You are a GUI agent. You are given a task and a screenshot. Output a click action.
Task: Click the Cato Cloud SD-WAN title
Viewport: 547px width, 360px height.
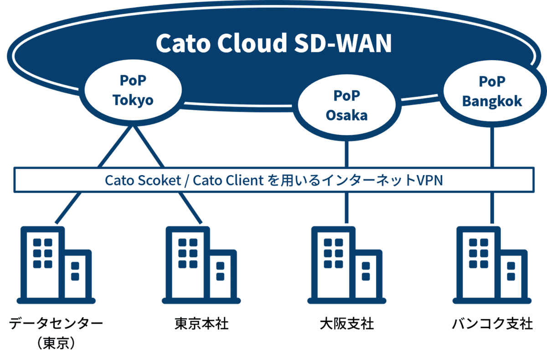(x=273, y=43)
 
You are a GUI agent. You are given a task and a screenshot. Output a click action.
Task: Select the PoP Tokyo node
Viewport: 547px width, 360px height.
(x=133, y=91)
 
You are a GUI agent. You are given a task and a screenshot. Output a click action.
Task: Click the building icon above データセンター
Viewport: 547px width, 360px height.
(x=56, y=264)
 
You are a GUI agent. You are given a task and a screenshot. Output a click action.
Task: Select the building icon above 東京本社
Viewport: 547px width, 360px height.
(x=201, y=264)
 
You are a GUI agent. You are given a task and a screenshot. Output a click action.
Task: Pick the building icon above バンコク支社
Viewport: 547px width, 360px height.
(x=491, y=264)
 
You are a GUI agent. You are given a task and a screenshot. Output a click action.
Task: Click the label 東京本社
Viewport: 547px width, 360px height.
(x=201, y=324)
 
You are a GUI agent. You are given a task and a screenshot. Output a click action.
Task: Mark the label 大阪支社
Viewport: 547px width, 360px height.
(x=346, y=324)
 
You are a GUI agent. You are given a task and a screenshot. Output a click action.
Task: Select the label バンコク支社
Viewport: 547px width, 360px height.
(x=492, y=324)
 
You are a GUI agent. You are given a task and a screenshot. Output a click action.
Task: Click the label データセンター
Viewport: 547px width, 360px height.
(x=56, y=324)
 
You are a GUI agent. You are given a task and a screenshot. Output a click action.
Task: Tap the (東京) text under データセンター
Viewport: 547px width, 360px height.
(x=56, y=343)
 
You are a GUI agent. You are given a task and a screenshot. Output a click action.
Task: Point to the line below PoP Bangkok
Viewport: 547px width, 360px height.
(x=492, y=146)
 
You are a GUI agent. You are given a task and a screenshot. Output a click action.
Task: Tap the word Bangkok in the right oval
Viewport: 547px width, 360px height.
(x=492, y=101)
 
